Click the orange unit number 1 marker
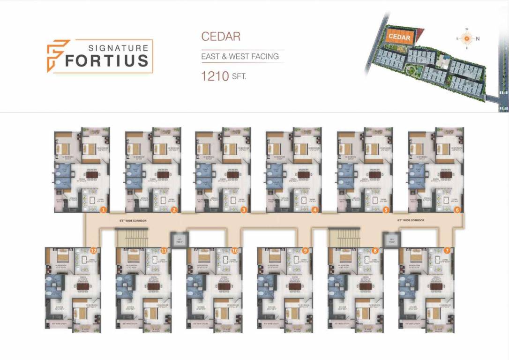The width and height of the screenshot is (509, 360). pos(103,210)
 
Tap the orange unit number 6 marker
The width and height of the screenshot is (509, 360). pos(457,210)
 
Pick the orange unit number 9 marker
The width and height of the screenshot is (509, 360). pos(306,250)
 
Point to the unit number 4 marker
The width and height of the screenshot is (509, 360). pos(315,210)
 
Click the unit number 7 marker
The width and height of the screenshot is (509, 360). pos(447,250)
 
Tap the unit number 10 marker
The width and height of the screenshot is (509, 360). pos(235,250)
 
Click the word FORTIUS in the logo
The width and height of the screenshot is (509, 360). pos(107,61)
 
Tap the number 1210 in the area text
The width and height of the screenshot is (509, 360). pos(215,76)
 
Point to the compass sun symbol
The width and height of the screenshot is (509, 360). pos(466,38)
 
